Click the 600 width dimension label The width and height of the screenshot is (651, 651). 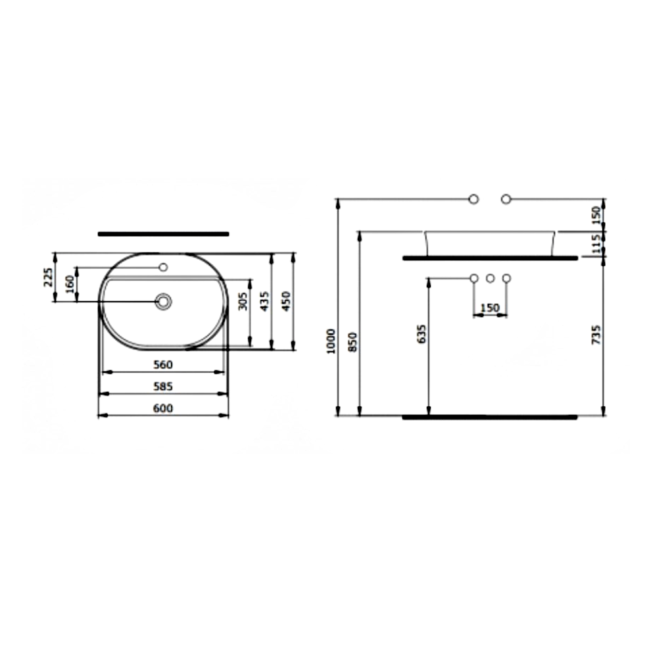click(163, 408)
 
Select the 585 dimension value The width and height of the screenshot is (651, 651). click(163, 387)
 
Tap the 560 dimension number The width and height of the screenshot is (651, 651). click(163, 364)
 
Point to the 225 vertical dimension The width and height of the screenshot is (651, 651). click(48, 277)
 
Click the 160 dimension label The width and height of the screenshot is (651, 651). click(70, 283)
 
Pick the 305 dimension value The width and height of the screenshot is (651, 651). click(243, 301)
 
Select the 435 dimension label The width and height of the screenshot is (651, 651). click(265, 301)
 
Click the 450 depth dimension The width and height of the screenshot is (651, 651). click(287, 301)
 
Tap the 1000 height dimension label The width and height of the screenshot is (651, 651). click(331, 341)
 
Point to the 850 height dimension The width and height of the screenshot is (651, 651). click(352, 342)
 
